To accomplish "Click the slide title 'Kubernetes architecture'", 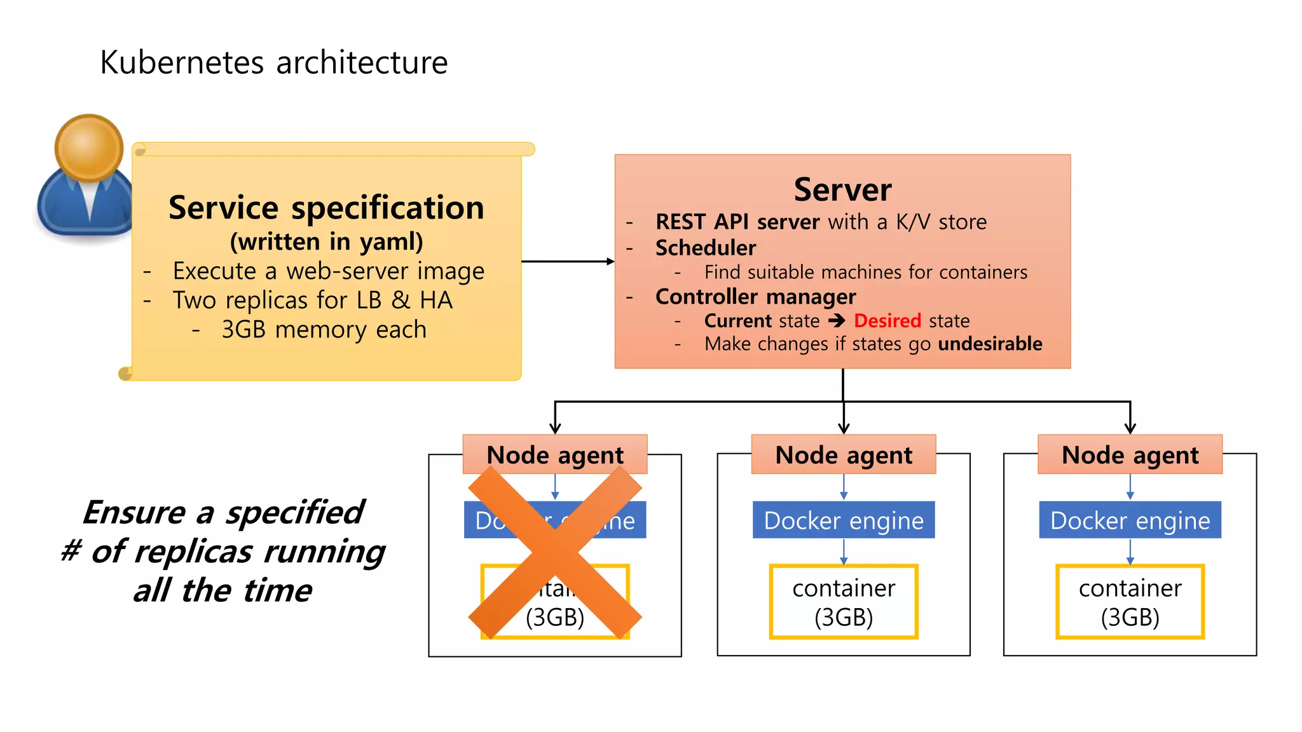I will pos(274,62).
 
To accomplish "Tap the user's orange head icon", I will pos(89,147).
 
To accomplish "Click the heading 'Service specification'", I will pos(326,208).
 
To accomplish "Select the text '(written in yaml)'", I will pos(326,241).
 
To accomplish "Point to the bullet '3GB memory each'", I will pos(324,330).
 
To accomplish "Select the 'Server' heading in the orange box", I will pos(842,189).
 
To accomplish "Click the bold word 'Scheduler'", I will pos(706,248).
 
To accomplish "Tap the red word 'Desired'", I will pos(887,321).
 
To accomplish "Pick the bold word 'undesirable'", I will pos(990,344).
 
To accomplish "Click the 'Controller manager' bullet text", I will pos(755,297).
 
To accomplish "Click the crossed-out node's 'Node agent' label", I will pos(555,454).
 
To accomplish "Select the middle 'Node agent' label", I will pos(844,454).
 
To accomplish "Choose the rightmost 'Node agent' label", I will pos(1130,454).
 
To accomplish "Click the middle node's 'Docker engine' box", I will pos(844,520).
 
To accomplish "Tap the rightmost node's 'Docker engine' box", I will pos(1130,520).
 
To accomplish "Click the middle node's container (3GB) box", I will pos(844,602).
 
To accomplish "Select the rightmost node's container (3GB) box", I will pos(1130,602).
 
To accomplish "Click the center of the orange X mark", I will pos(555,553).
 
